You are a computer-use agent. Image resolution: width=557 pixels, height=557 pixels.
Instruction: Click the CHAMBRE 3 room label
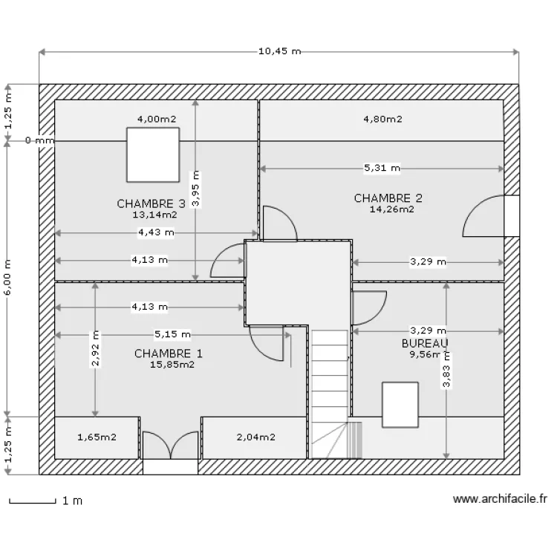151,203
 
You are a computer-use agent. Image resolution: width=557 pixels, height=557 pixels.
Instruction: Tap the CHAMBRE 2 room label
388,198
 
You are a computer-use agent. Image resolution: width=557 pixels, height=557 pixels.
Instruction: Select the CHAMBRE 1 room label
168,354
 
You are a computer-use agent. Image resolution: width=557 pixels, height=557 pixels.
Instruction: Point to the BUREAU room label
425,343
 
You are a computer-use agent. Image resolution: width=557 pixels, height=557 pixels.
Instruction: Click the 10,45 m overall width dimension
279,51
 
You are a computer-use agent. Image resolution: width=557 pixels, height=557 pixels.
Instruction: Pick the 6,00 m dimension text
7,278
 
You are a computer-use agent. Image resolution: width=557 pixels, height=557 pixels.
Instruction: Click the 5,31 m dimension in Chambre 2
382,169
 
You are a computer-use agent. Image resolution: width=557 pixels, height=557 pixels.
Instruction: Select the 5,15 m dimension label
172,334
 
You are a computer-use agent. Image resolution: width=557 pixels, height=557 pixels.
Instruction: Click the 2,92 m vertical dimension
95,350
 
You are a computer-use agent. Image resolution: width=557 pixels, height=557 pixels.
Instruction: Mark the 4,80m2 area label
382,119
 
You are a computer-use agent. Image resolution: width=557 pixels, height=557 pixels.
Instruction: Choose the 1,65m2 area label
97,437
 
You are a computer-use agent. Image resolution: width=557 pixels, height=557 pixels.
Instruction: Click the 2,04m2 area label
255,437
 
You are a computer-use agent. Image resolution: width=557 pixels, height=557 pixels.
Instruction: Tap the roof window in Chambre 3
152,154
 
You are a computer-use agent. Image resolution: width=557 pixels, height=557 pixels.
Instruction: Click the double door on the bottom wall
171,446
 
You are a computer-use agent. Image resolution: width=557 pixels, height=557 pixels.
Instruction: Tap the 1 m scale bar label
72,501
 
